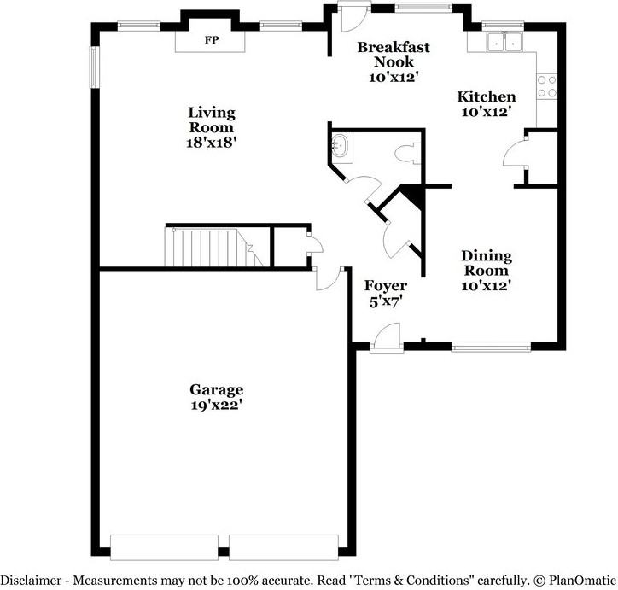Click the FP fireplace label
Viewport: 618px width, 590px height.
pyautogui.click(x=210, y=40)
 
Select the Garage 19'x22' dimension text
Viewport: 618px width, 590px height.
pyautogui.click(x=217, y=406)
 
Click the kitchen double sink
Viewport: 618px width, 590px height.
pyautogui.click(x=504, y=41)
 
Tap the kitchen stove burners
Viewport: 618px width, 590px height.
pyautogui.click(x=546, y=85)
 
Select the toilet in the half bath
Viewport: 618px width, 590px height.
pyautogui.click(x=405, y=155)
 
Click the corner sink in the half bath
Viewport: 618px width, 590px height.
pyautogui.click(x=341, y=148)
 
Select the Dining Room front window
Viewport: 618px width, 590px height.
pyautogui.click(x=490, y=346)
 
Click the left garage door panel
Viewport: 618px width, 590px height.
pyautogui.click(x=165, y=546)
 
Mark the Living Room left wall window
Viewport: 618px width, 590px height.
pyautogui.click(x=95, y=65)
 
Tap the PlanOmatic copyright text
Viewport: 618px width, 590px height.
pyautogui.click(x=576, y=579)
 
